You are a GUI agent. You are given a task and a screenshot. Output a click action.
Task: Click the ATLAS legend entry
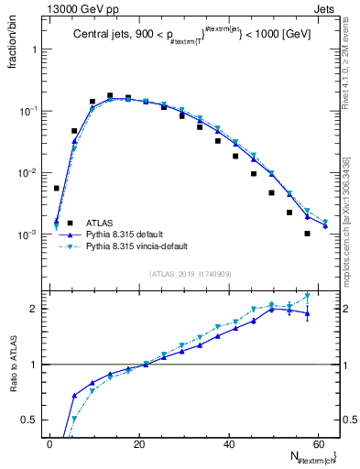pos(99,223)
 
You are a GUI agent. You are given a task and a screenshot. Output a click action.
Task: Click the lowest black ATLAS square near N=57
pos(307,234)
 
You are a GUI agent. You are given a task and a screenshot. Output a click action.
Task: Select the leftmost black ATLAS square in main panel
pos(57,189)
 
